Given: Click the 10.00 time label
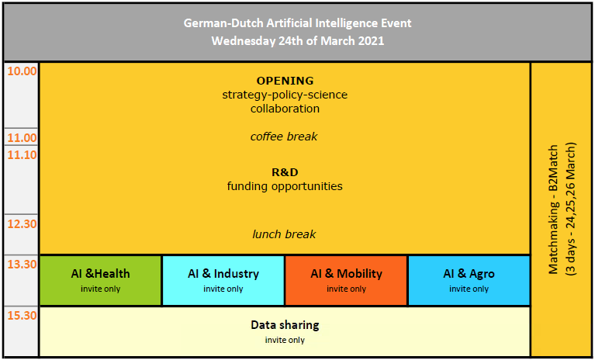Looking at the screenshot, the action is point(22,71).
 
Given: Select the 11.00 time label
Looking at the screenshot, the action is point(22,137).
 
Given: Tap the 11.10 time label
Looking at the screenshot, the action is point(22,154).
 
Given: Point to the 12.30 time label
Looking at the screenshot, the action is point(22,223).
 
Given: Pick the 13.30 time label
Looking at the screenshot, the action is point(22,264).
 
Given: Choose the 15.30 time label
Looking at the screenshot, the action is point(22,316).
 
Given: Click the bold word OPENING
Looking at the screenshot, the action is point(285,81).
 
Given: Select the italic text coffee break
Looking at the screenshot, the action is point(284,137).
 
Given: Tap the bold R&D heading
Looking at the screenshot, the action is point(285,172).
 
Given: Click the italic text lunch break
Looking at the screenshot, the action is point(284,234).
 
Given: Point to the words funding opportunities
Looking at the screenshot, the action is point(285,187).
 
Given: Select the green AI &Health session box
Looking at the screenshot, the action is point(101,280).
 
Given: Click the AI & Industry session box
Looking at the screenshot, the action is point(223,280).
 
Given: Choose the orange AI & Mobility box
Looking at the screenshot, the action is point(346,280).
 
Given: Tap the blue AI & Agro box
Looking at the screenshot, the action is point(469,280).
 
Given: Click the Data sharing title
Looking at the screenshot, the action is point(285,325).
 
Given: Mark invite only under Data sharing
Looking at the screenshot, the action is point(285,340).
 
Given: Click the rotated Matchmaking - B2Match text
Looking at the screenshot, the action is point(554,209).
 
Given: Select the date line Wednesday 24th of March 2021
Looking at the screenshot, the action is point(298,41).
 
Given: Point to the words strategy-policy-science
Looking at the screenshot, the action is point(285,95).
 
